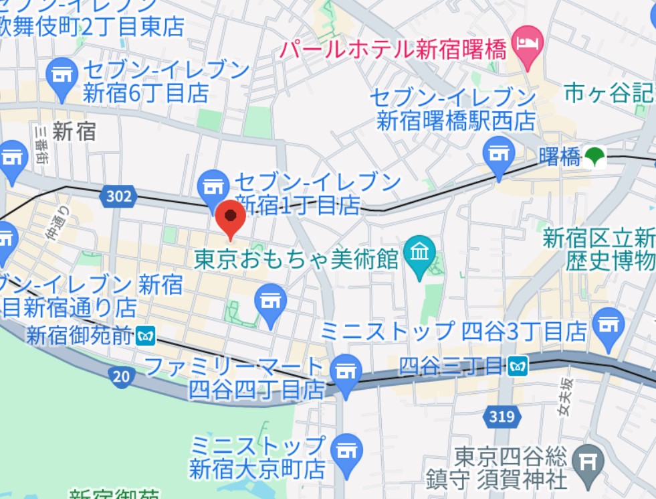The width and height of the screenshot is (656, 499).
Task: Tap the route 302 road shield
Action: [x=119, y=196]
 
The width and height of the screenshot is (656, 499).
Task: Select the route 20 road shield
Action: [x=120, y=376]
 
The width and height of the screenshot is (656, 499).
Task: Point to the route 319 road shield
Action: [x=501, y=417]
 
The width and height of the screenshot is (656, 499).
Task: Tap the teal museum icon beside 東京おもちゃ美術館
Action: [x=421, y=255]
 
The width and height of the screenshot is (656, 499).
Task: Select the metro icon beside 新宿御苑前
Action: [x=145, y=335]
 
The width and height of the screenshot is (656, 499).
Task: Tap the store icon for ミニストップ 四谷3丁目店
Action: [x=609, y=325]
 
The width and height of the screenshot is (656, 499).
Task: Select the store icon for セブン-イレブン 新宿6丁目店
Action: [x=62, y=75]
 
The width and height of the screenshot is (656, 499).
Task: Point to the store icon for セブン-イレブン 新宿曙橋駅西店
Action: [x=499, y=154]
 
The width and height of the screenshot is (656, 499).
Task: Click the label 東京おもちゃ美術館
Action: [x=296, y=258]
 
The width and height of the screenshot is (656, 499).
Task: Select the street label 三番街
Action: [x=41, y=143]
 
